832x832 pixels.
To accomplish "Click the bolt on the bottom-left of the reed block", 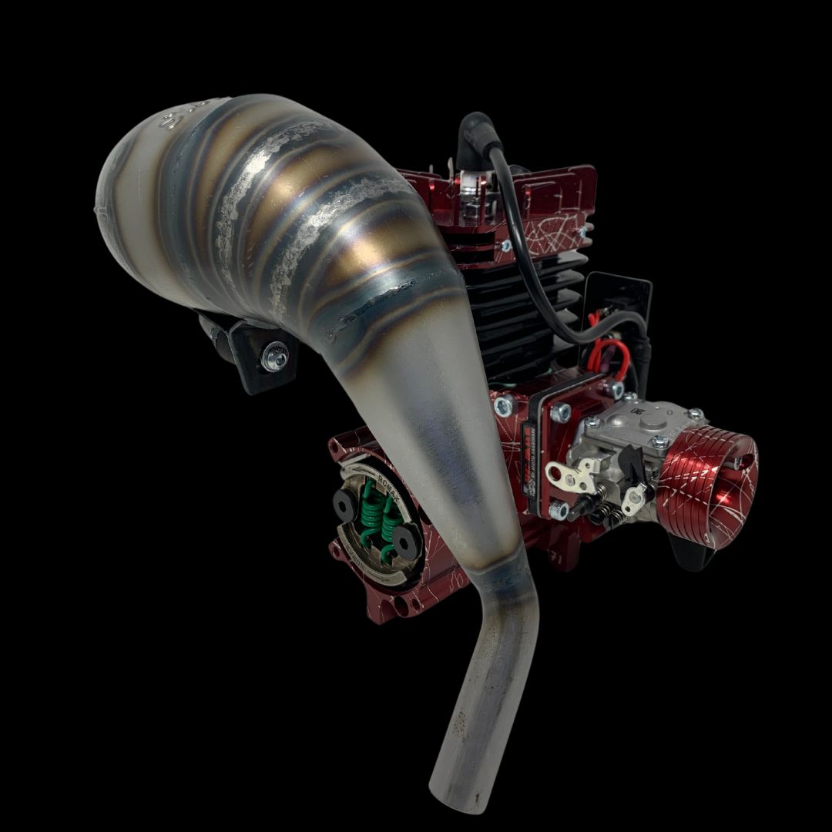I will [x=559, y=511].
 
